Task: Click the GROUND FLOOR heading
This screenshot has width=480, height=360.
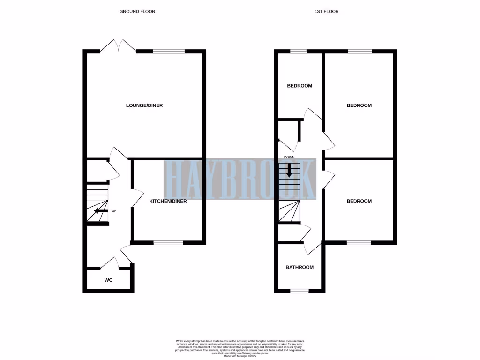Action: click(137, 11)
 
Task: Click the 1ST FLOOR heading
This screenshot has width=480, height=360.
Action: click(326, 11)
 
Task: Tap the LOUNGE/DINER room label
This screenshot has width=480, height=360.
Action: click(144, 105)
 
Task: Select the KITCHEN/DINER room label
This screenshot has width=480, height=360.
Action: click(168, 201)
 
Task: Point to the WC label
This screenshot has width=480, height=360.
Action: click(108, 280)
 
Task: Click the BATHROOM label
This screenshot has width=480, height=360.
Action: click(300, 267)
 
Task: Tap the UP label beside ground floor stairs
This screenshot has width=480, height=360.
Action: click(113, 211)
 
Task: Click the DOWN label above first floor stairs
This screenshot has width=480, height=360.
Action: click(289, 157)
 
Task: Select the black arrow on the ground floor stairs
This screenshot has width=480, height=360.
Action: click(99, 211)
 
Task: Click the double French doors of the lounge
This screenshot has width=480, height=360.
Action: click(118, 46)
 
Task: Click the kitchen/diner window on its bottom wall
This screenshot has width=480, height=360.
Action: click(169, 243)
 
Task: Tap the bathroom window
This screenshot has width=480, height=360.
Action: click(300, 291)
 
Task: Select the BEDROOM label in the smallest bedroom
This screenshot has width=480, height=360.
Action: click(300, 86)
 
